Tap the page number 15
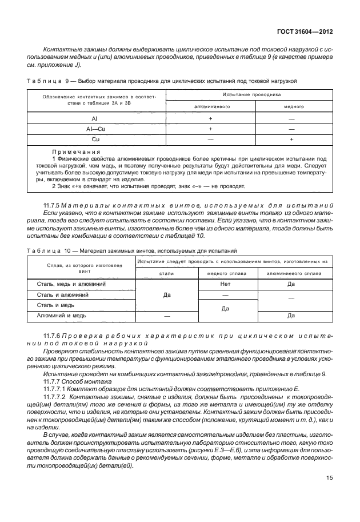(x=329, y=495)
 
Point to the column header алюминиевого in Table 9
(x=210, y=106)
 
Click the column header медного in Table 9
(x=291, y=106)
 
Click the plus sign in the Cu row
(x=291, y=139)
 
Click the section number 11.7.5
(x=54, y=205)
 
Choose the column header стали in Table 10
(x=166, y=273)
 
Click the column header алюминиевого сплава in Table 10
(x=291, y=273)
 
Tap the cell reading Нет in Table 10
(x=225, y=284)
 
